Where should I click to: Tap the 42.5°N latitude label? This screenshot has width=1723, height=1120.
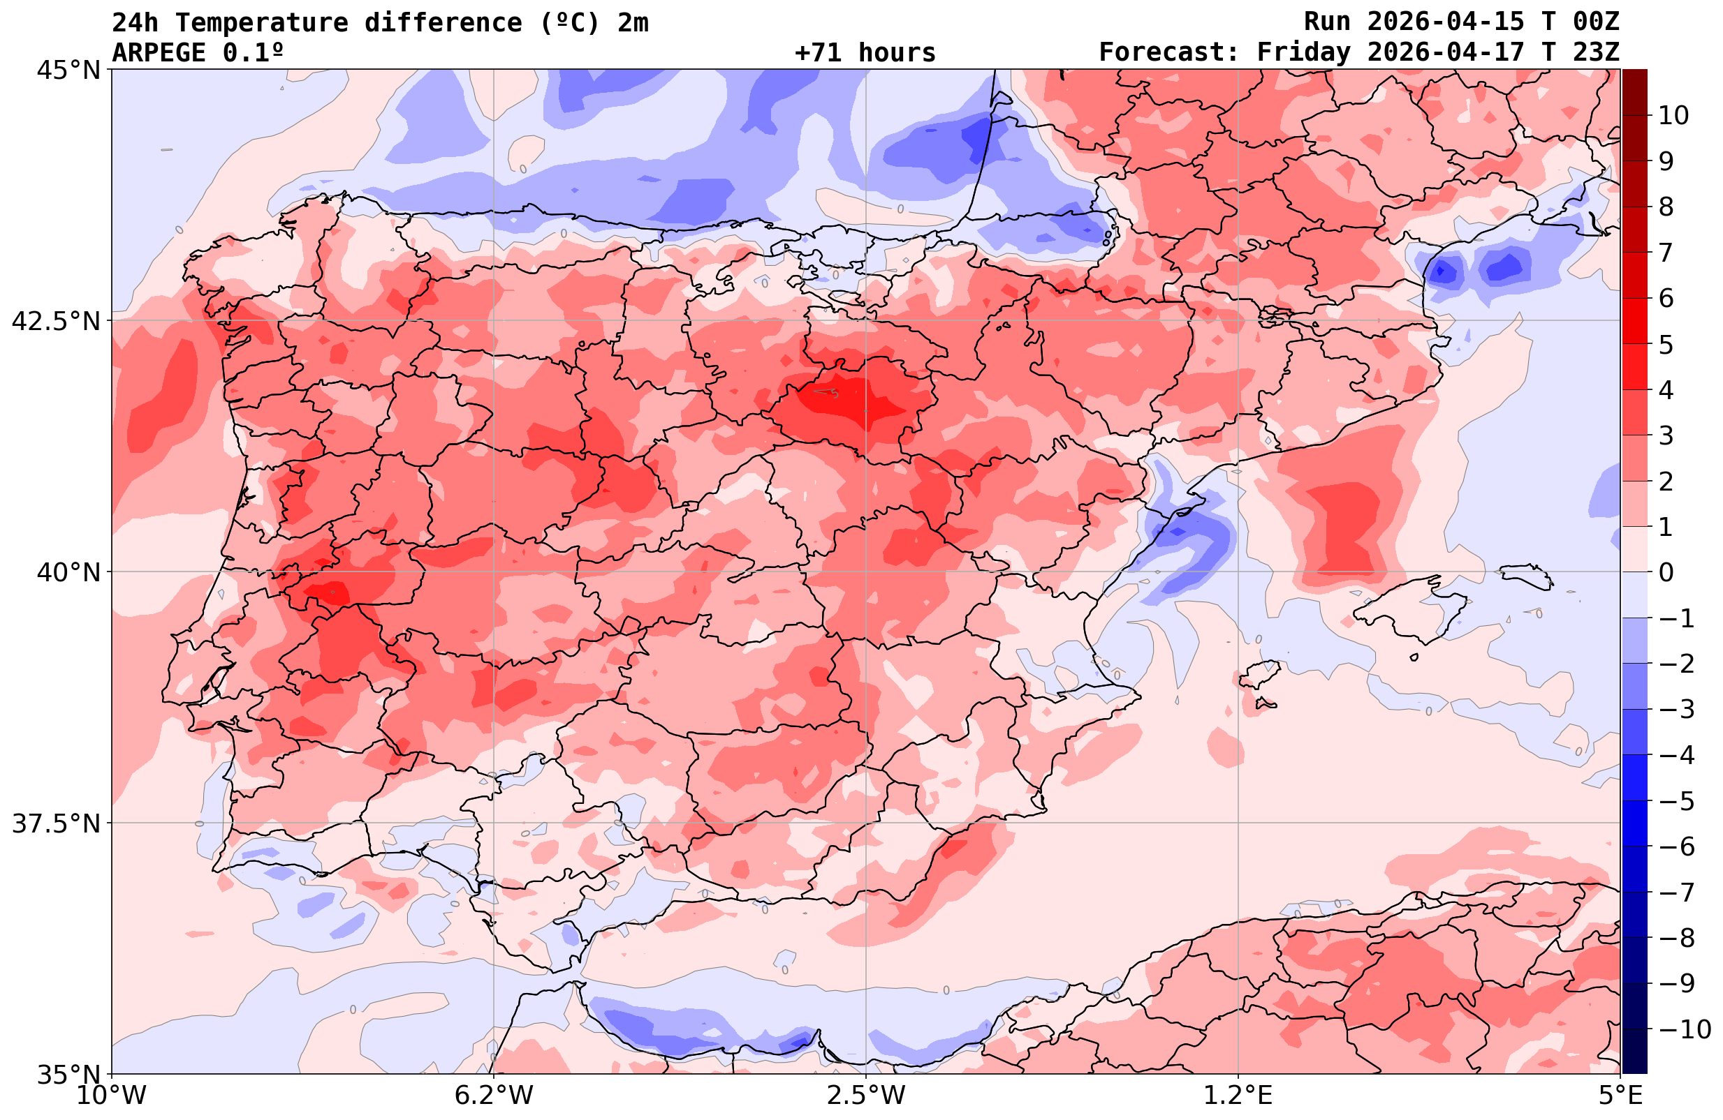[x=56, y=321]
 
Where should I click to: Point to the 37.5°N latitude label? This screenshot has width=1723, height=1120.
[x=56, y=823]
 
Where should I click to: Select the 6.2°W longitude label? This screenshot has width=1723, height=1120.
[x=494, y=1096]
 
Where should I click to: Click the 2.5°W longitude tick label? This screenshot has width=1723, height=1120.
[x=866, y=1096]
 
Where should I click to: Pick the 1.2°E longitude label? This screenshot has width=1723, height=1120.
[x=1238, y=1096]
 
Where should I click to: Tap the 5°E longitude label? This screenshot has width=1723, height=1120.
[x=1620, y=1096]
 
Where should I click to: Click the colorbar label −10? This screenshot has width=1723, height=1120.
[x=1684, y=1029]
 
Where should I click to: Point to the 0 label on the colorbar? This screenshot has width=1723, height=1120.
[x=1666, y=572]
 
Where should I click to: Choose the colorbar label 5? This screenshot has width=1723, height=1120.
[x=1666, y=345]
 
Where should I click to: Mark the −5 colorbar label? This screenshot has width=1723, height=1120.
[x=1676, y=801]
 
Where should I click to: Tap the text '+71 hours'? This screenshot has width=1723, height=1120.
[x=865, y=53]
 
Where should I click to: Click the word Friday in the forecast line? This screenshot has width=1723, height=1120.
[x=1303, y=53]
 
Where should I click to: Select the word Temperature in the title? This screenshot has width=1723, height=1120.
[x=261, y=22]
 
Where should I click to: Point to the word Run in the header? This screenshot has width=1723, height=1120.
[x=1327, y=22]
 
